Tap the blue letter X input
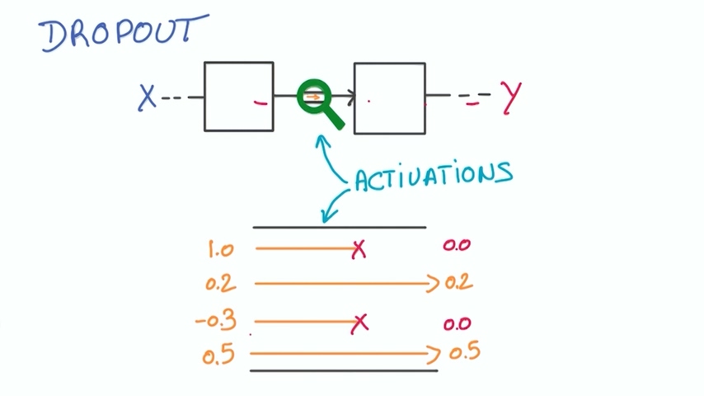coord(147,97)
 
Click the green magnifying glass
coord(317,102)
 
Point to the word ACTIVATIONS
coord(434,176)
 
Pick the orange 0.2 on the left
coord(220,284)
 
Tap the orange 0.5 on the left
coord(218,356)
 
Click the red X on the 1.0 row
coord(358,249)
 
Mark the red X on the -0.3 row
coord(359,323)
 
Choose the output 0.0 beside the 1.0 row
coord(457,246)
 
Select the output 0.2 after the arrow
coord(458,283)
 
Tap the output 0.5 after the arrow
coord(464,352)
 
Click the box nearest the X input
coord(239,96)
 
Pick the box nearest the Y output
coord(390,97)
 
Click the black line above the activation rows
coord(339,227)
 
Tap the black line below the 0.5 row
coord(343,371)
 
